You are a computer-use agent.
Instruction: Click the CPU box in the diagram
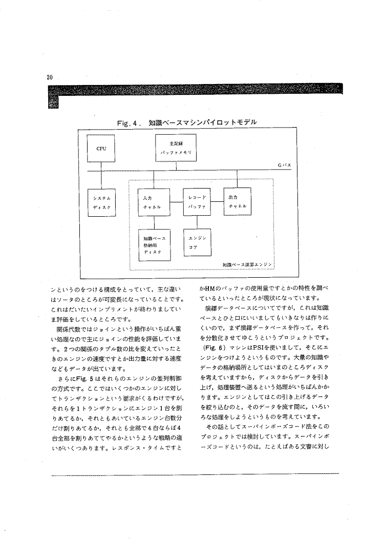point(101,149)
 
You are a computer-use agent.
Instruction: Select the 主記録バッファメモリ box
point(177,149)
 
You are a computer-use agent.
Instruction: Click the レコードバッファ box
point(197,201)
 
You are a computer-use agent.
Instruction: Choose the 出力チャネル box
point(237,201)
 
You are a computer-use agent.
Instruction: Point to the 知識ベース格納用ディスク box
point(155,244)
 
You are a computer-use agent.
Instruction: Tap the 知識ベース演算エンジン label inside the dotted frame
point(247,264)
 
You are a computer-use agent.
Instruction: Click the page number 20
point(50,77)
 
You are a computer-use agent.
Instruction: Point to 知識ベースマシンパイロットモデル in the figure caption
point(201,123)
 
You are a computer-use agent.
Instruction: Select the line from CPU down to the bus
point(101,166)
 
